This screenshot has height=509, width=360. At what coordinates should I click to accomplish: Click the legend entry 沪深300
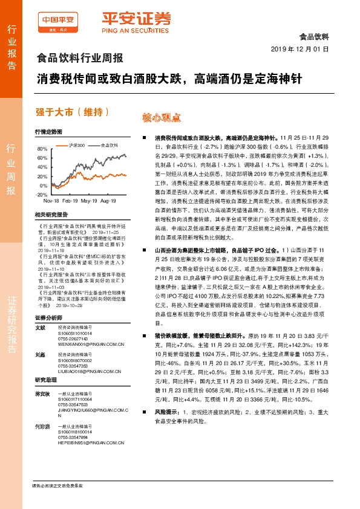[77, 145]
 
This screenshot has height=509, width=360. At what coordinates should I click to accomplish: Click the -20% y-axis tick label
[41, 195]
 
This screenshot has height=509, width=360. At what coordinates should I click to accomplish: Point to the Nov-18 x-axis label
[51, 200]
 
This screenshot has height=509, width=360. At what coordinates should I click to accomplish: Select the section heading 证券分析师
[48, 317]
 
